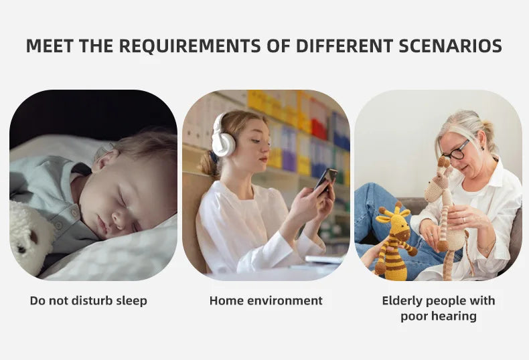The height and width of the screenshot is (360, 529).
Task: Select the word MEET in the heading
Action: pos(50,46)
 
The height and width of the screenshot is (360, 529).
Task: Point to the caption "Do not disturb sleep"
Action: pos(88,301)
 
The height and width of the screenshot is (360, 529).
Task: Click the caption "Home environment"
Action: pos(266,301)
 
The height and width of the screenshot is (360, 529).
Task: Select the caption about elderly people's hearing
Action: pos(439,308)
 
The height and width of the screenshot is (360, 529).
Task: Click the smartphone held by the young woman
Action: pos(326,179)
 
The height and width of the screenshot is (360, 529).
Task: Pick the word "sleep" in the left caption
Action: pos(131,301)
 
